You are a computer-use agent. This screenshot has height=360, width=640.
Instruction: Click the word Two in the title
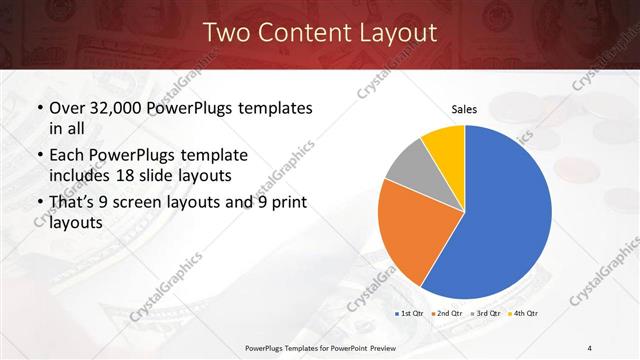click(x=224, y=33)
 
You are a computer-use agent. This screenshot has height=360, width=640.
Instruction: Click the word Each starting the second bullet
click(x=69, y=155)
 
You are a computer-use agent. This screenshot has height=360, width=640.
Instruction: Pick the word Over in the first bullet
click(x=71, y=108)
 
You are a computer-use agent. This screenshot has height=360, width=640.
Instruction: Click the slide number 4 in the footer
click(x=590, y=347)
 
